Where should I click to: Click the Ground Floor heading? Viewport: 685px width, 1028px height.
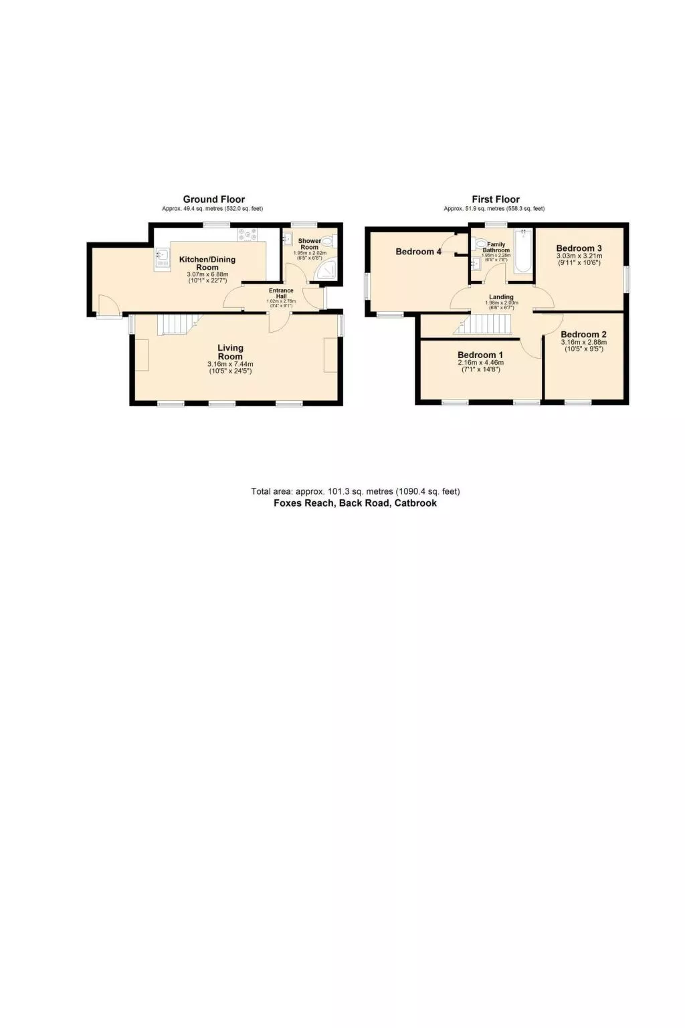tap(213, 199)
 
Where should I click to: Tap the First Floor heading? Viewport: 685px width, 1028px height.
tap(495, 199)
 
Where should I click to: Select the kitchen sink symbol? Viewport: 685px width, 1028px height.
tap(161, 254)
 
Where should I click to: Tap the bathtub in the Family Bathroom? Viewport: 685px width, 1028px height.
tap(523, 251)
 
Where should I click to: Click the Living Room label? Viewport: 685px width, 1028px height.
tap(230, 352)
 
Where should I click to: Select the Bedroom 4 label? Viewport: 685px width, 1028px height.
tap(418, 252)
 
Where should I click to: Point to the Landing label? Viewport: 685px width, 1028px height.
tap(501, 297)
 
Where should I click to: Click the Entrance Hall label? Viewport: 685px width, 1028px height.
tap(281, 293)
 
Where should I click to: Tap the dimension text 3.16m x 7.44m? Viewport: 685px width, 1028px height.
tap(230, 364)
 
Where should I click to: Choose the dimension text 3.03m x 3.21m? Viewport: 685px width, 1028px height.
tap(579, 256)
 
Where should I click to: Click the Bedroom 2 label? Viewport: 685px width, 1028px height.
tap(583, 335)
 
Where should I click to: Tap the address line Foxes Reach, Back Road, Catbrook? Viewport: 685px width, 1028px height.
tap(355, 503)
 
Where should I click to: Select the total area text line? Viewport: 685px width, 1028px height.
tap(355, 491)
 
